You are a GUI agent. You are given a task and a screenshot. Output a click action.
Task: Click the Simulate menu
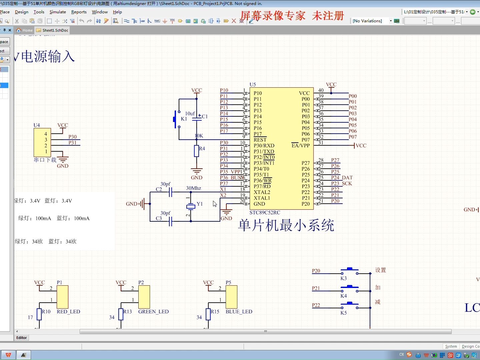(x=58, y=12)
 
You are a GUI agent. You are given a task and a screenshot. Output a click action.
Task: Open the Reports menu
(x=79, y=12)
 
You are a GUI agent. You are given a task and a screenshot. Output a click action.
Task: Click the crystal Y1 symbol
(x=191, y=207)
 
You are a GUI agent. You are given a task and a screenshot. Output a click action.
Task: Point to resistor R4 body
(x=197, y=151)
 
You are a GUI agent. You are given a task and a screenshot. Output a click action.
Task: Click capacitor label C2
(x=159, y=189)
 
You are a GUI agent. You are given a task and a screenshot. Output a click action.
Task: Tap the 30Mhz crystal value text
(x=193, y=188)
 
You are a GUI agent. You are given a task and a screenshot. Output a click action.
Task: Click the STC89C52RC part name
(x=265, y=213)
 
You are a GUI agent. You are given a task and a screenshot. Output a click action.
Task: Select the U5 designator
(x=253, y=85)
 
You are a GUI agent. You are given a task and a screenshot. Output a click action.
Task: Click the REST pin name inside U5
(x=260, y=140)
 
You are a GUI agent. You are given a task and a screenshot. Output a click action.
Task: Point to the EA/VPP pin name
(x=300, y=146)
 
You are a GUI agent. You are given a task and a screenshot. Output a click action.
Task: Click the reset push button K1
(x=175, y=119)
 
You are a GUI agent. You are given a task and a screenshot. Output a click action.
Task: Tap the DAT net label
(x=347, y=178)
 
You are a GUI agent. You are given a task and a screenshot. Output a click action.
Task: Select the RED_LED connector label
(x=68, y=312)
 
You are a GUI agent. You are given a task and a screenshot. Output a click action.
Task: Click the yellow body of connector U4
(x=42, y=142)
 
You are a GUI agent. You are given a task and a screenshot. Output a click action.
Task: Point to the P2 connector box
(x=144, y=297)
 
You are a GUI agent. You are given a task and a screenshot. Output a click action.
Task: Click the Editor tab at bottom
(x=22, y=338)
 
